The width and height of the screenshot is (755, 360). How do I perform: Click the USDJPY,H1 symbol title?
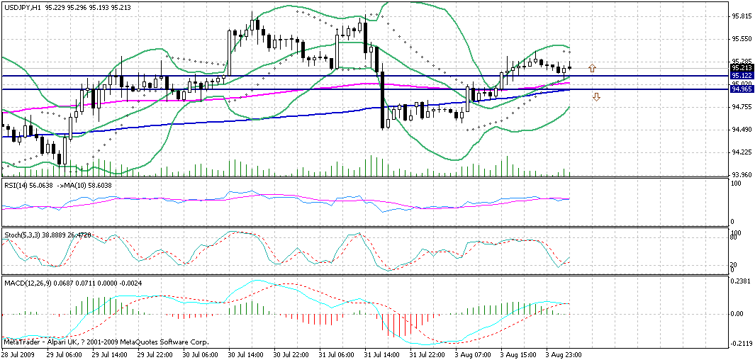point(21,6)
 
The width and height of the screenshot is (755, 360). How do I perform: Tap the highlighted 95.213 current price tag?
point(742,68)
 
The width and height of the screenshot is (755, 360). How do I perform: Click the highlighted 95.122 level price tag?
point(742,75)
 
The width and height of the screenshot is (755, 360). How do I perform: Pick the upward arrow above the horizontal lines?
point(593,68)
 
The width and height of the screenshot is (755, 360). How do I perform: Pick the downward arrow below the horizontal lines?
point(596,97)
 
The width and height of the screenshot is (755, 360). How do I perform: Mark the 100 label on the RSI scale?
point(736,184)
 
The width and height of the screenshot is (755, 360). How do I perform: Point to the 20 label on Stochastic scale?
point(734,264)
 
